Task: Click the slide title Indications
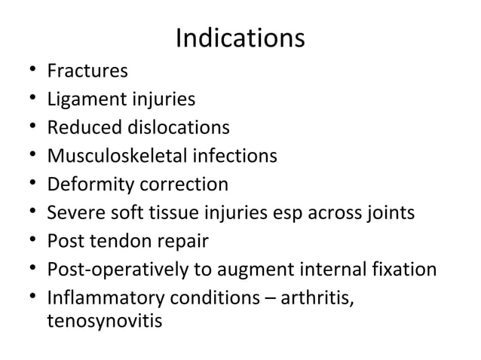(x=240, y=38)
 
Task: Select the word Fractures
(x=87, y=72)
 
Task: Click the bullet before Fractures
(x=30, y=72)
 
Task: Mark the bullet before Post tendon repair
(x=30, y=242)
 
